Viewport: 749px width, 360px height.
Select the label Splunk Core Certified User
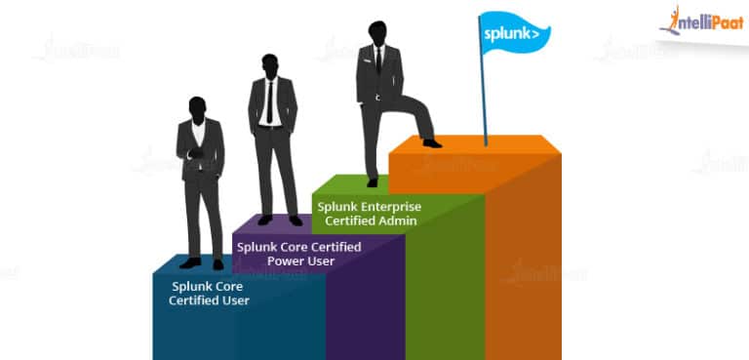pyautogui.click(x=209, y=293)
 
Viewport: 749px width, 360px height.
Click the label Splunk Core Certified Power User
pyautogui.click(x=299, y=254)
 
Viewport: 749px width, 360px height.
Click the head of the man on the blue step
pyautogui.click(x=198, y=106)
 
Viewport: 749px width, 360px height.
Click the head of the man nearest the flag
pyautogui.click(x=377, y=32)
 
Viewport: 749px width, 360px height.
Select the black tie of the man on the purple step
pyautogui.click(x=270, y=101)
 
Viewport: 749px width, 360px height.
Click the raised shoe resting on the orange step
pyautogui.click(x=431, y=142)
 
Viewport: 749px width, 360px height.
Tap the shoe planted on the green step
pyautogui.click(x=372, y=182)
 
